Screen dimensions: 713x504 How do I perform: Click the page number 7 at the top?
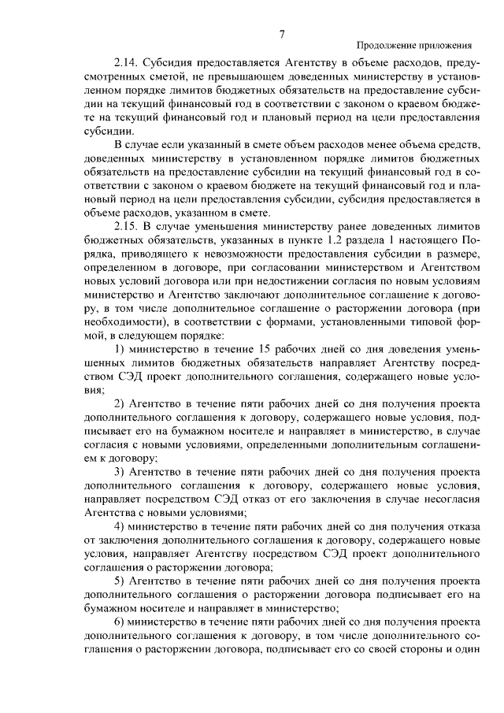(280, 33)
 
